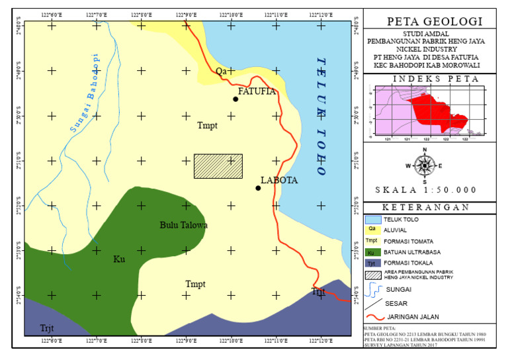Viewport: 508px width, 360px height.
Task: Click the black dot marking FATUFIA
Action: click(235, 99)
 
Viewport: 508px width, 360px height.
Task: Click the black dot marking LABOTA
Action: click(258, 188)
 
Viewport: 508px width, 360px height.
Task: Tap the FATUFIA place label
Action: click(257, 91)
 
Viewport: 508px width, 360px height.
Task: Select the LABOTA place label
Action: click(279, 180)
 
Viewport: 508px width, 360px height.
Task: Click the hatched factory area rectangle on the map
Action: click(218, 166)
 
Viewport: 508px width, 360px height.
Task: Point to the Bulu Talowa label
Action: click(184, 226)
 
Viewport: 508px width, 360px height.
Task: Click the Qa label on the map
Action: click(221, 71)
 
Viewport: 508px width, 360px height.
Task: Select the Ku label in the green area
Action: click(119, 259)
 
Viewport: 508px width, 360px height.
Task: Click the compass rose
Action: click(425, 165)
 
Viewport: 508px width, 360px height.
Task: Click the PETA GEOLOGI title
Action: click(434, 22)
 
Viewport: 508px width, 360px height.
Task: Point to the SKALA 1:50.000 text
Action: click(426, 190)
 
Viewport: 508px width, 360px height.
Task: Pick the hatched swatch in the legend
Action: click(372, 276)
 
